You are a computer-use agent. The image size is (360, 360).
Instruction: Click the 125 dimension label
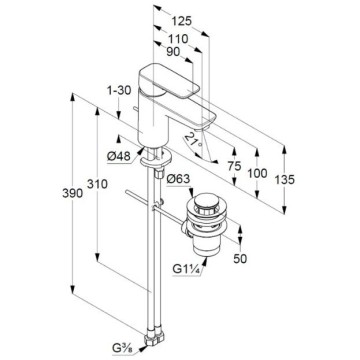coord(182,21)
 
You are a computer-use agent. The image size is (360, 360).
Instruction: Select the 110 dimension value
coord(178,39)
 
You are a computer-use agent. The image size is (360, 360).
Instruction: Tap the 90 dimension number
coord(173,52)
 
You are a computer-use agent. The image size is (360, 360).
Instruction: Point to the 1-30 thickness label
coord(119,90)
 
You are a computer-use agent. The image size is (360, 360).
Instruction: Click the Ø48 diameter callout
coord(119,156)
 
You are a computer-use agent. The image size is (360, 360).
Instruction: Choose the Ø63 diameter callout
coord(178,179)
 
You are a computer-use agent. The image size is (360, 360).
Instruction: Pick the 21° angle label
coord(193,140)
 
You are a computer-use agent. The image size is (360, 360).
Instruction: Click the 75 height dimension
coord(234,166)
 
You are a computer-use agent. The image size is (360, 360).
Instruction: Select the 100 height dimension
coord(257,173)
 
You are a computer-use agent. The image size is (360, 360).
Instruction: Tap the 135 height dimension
coord(284,180)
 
